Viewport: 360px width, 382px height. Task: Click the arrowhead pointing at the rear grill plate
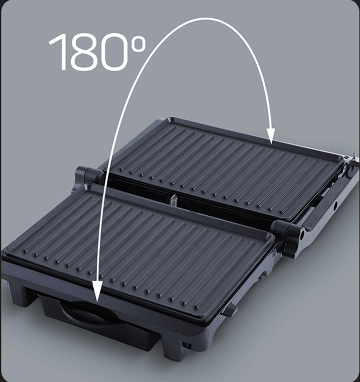[271, 136]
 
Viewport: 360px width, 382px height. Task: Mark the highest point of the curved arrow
[206, 18]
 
